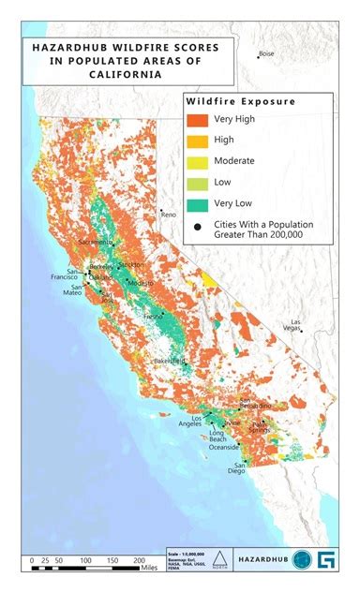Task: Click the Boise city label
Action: pos(267,54)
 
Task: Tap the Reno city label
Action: pos(169,215)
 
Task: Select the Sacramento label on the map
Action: pos(95,242)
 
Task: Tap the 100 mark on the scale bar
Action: pos(85,559)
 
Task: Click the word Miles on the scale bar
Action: pos(149,568)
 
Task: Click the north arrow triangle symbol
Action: pos(217,560)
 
